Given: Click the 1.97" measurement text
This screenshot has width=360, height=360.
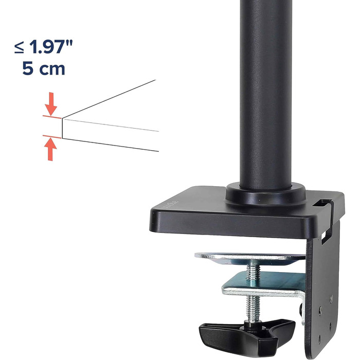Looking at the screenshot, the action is click(51, 47).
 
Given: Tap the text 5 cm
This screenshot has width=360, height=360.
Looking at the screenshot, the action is click(44, 68).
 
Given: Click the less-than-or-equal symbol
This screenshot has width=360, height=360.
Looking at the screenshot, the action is click(19, 47).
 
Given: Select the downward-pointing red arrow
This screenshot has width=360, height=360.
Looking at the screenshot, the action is click(51, 104).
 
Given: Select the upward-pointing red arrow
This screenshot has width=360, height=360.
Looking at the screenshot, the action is click(51, 150).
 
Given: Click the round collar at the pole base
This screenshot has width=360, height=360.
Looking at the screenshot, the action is click(266, 195).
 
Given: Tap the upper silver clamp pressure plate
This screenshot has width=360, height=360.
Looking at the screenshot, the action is click(250, 258).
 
